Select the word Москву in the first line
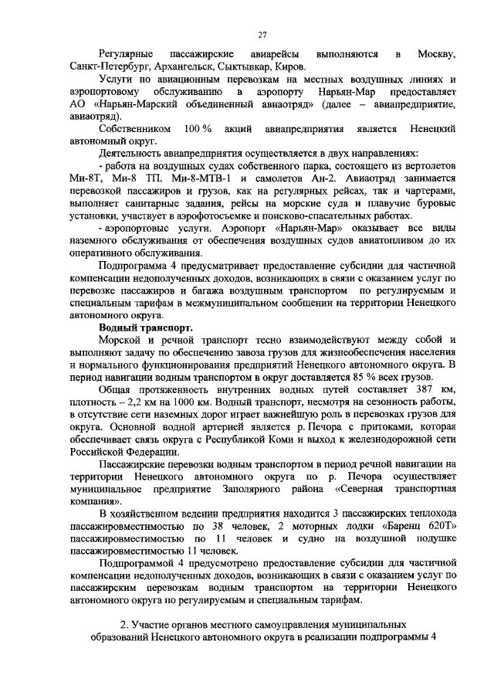point(436,54)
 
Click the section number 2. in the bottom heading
point(126,625)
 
